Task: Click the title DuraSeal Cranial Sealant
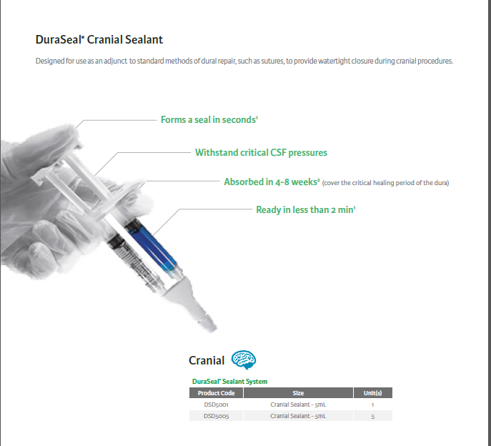pyautogui.click(x=99, y=40)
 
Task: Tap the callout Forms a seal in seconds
pyautogui.click(x=209, y=119)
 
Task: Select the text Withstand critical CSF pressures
pyautogui.click(x=261, y=152)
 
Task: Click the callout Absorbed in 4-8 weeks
pyautogui.click(x=272, y=182)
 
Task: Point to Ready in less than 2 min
pyautogui.click(x=306, y=209)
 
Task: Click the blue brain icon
pyautogui.click(x=244, y=360)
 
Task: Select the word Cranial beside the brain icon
pyautogui.click(x=207, y=360)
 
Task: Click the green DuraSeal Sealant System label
pyautogui.click(x=229, y=382)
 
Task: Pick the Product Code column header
pyautogui.click(x=216, y=393)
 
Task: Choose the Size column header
pyautogui.click(x=298, y=393)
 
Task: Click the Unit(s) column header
pyautogui.click(x=372, y=393)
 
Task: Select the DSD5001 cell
pyautogui.click(x=216, y=405)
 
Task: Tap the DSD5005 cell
pyautogui.click(x=216, y=416)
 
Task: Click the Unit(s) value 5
pyautogui.click(x=372, y=417)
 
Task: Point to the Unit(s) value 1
pyautogui.click(x=372, y=405)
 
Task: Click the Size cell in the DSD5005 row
pyautogui.click(x=298, y=416)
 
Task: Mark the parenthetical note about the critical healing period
pyautogui.click(x=385, y=183)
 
